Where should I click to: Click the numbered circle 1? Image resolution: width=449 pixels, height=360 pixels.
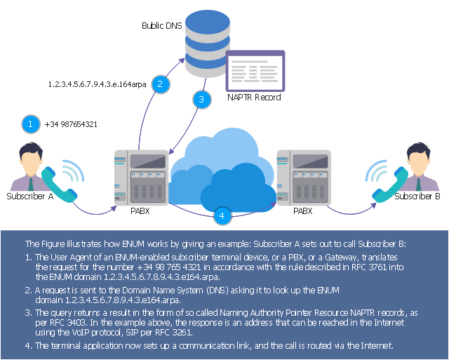click(x=30, y=124)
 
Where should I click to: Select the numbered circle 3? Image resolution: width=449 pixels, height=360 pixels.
click(x=201, y=100)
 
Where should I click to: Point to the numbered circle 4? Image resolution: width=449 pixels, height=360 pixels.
click(x=222, y=215)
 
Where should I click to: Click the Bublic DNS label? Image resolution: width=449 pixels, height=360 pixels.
click(x=161, y=25)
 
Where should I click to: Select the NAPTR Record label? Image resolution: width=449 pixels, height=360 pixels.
click(x=254, y=98)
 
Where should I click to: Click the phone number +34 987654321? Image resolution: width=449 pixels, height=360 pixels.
click(x=71, y=124)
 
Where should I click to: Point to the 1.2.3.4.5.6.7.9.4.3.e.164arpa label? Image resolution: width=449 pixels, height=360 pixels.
click(x=97, y=84)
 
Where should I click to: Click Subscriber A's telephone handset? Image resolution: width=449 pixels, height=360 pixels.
click(x=54, y=184)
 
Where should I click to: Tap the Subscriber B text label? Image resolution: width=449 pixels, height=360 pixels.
click(x=417, y=196)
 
